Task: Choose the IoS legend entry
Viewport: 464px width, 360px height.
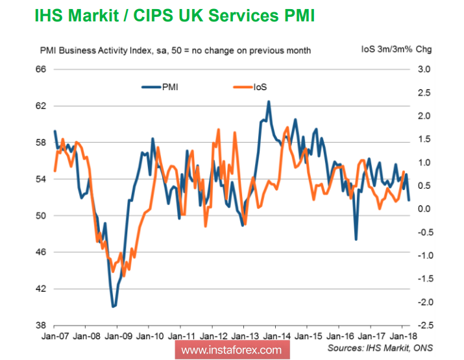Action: coord(259,86)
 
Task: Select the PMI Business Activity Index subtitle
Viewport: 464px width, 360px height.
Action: coord(175,50)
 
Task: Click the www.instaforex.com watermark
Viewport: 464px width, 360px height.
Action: coord(231,350)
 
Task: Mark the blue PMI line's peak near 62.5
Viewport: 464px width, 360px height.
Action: coord(269,101)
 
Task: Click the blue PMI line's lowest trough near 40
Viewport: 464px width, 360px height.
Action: coord(114,306)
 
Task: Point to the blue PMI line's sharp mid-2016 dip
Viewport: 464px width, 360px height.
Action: coord(356,239)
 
